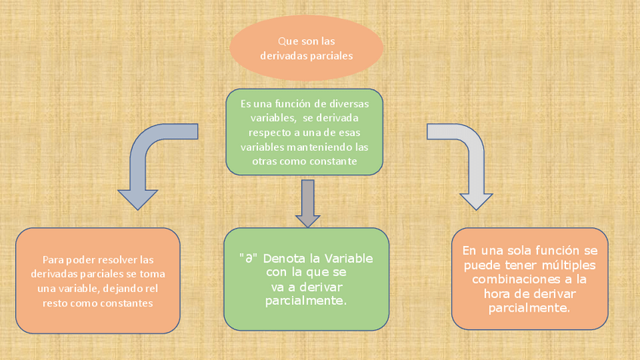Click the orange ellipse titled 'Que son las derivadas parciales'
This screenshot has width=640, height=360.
click(306, 48)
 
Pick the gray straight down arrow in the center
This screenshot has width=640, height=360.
click(306, 202)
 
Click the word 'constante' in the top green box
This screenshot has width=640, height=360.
click(333, 162)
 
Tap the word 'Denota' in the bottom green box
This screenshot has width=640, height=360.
click(285, 258)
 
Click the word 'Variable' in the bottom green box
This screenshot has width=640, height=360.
click(349, 258)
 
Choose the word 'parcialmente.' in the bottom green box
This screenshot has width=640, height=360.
click(306, 300)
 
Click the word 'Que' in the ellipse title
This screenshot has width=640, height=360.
click(287, 40)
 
